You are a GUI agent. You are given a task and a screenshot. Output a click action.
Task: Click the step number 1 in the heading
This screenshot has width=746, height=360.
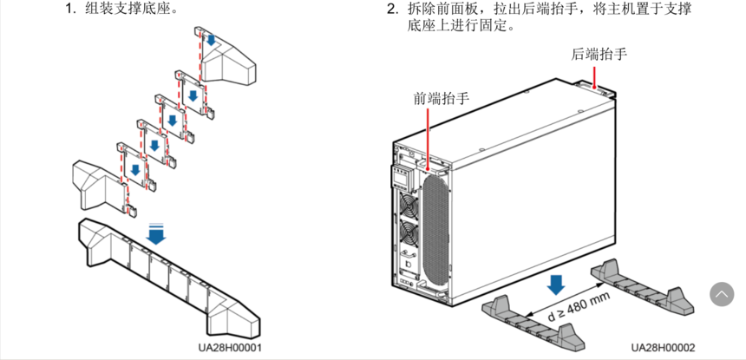[69, 10]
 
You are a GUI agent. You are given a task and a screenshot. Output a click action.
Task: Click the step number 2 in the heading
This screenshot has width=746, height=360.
[391, 10]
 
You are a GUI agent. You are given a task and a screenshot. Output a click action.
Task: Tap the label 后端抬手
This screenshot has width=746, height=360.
[599, 54]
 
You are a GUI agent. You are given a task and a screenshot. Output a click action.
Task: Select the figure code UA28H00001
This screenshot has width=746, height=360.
[229, 347]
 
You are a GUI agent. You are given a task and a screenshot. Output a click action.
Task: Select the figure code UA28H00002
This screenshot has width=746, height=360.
[663, 347]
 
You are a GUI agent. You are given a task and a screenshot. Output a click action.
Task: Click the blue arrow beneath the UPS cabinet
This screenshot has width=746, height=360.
[556, 284]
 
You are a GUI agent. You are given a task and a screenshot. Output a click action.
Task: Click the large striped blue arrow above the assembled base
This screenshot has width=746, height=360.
[157, 232]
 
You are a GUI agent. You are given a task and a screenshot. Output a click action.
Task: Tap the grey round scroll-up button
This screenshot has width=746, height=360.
[722, 294]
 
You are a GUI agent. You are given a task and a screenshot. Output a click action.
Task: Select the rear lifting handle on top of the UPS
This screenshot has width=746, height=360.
[599, 86]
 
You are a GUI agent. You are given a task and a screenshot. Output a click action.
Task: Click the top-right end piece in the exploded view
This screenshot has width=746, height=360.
[227, 57]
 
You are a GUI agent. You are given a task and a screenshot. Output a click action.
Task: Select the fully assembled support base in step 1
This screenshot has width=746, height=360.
[165, 276]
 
